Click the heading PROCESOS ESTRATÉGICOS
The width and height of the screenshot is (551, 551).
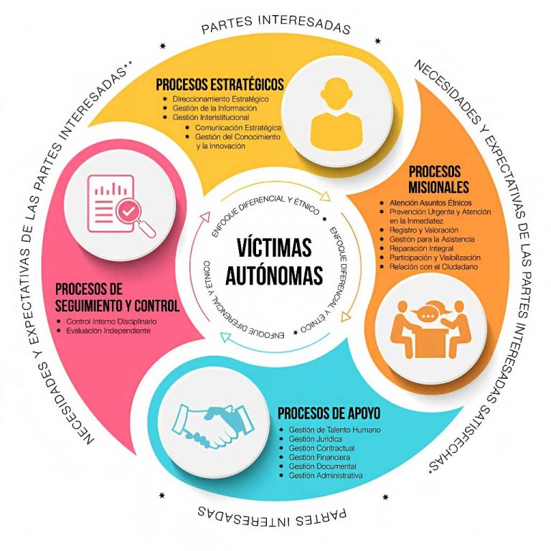(x=220, y=83)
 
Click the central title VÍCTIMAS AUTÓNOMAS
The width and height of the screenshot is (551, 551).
(x=275, y=261)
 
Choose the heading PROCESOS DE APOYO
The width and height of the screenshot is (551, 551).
(x=329, y=414)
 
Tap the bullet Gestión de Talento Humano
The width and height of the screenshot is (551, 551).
(x=334, y=430)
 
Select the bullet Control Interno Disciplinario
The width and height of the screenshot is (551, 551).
(x=110, y=321)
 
